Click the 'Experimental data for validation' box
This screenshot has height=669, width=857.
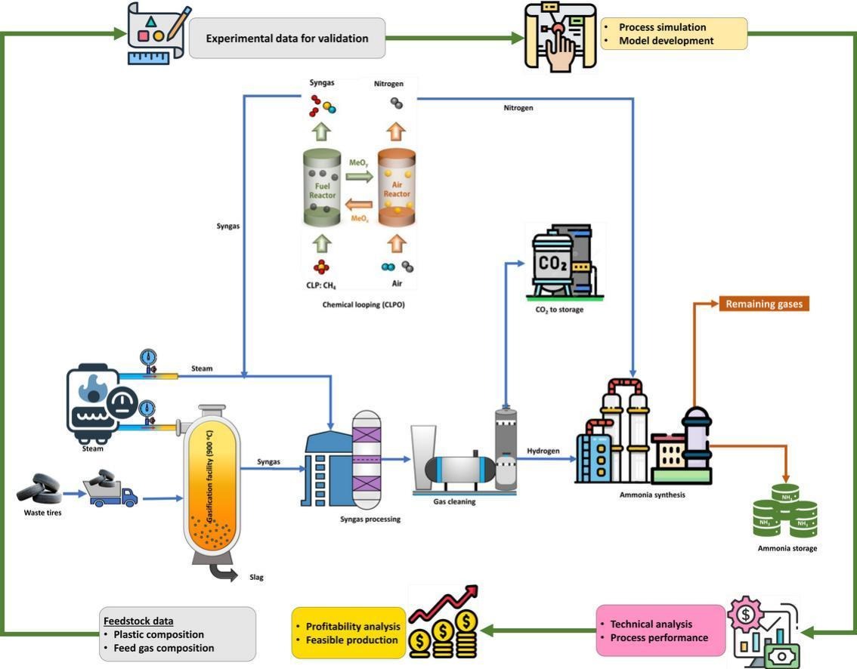(x=286, y=39)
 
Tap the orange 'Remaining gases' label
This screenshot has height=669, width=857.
(x=763, y=304)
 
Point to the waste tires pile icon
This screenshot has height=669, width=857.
(x=39, y=489)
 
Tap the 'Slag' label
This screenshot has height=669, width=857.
(x=256, y=577)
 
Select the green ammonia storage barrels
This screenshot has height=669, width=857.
(x=786, y=511)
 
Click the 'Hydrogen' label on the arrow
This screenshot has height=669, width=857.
(x=543, y=451)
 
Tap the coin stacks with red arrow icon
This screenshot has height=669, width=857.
(x=444, y=622)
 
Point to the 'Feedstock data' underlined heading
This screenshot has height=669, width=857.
(x=138, y=621)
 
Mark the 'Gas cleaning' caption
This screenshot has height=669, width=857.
(x=453, y=501)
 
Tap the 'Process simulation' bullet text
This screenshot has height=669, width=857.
(x=662, y=27)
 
